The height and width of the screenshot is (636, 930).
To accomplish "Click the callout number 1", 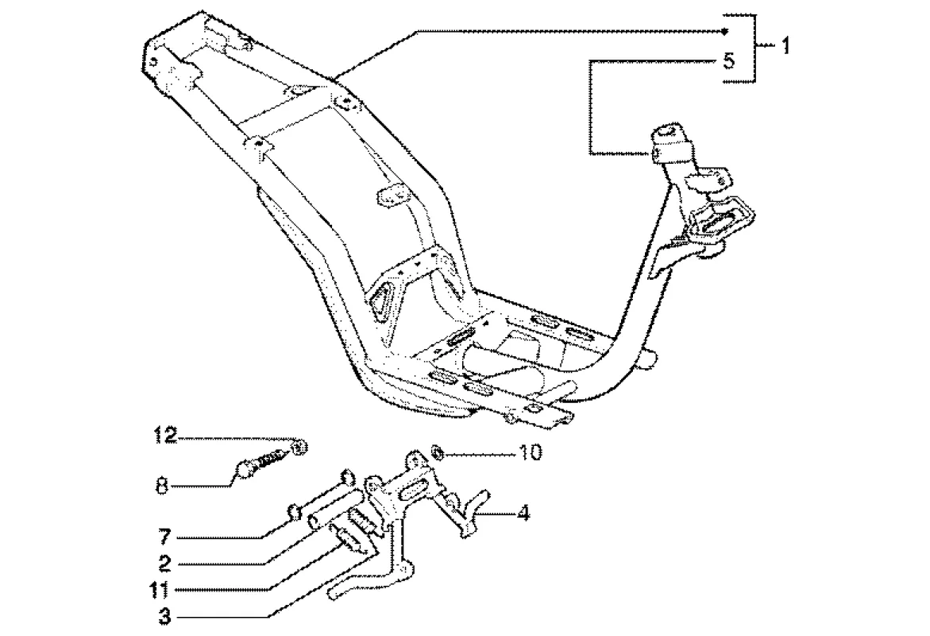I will [785, 46].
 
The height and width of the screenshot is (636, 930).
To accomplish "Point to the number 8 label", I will [162, 485].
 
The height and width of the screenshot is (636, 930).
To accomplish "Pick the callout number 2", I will [164, 564].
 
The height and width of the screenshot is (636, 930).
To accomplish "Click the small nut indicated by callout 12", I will [299, 448].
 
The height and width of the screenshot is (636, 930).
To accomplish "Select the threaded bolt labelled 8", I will [262, 463].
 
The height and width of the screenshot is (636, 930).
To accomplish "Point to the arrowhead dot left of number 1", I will [726, 31].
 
